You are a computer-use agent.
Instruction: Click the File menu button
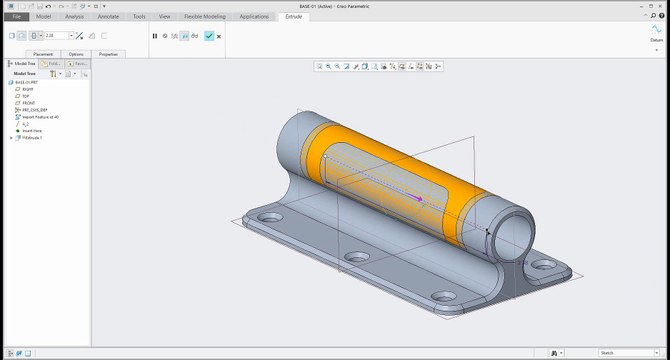point(17,17)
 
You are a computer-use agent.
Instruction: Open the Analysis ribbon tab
point(75,17)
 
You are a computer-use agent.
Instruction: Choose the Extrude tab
point(293,17)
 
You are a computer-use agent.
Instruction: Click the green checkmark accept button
point(208,36)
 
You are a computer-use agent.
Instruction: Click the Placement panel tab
point(43,54)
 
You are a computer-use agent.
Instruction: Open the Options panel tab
point(76,54)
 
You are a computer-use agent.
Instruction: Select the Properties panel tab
point(108,54)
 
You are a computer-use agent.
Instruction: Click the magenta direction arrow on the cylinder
point(419,198)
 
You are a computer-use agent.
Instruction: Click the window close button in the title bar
point(661,5)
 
